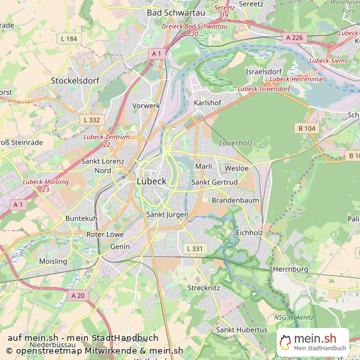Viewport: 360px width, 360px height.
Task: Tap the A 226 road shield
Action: point(294,38)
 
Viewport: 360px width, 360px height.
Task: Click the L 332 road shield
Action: point(92,120)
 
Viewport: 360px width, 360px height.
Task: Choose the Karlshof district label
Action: point(208,102)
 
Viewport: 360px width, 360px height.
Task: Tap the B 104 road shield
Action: point(307,129)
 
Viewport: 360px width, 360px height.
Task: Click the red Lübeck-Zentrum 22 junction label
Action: point(106,141)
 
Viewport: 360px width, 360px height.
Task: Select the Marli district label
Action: point(203,167)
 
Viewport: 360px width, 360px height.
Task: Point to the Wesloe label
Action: point(236,168)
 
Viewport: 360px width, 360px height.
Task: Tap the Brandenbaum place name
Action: point(235,200)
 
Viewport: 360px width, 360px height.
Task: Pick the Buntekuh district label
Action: point(81,218)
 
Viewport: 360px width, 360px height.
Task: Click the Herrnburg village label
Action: point(290,270)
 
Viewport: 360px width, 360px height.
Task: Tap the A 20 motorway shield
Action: point(78,295)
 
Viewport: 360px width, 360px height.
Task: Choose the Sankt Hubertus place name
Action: point(241,330)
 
